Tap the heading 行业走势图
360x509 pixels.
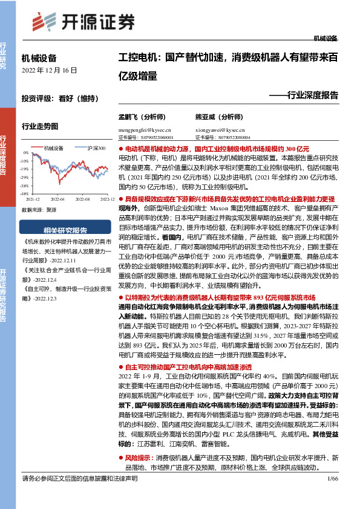pyautogui.click(x=40, y=127)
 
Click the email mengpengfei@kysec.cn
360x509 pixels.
pyautogui.click(x=145, y=129)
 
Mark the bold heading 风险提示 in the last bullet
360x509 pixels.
pyautogui.click(x=137, y=458)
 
